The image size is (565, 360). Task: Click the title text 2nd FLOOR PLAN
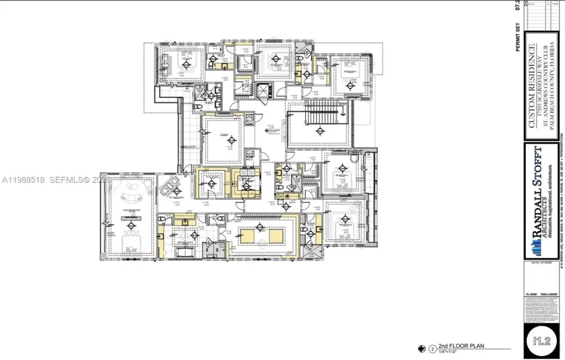tap(461, 347)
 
